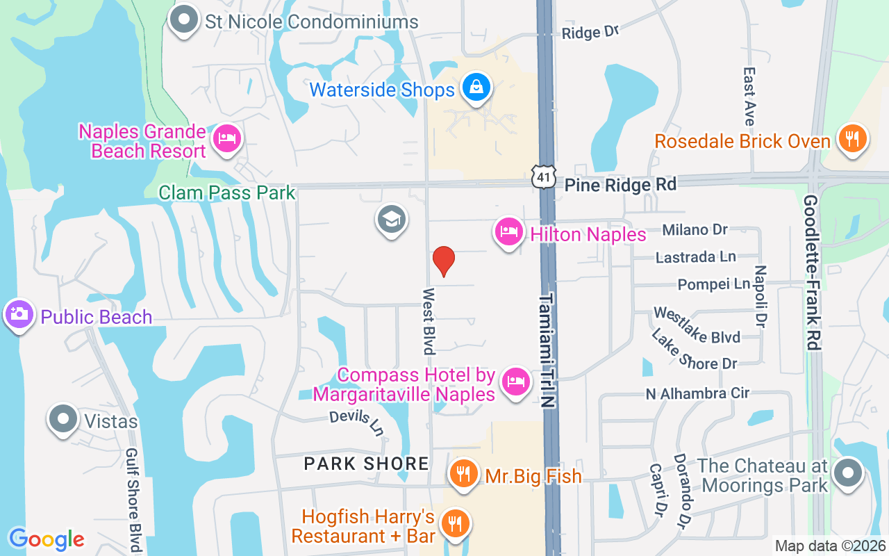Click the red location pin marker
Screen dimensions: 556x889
pyautogui.click(x=443, y=261)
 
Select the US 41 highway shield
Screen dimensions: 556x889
pyautogui.click(x=543, y=177)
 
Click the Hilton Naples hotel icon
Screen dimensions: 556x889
pyautogui.click(x=509, y=232)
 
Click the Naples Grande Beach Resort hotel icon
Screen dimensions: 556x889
pyautogui.click(x=226, y=138)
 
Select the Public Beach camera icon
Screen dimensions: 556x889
pyautogui.click(x=19, y=315)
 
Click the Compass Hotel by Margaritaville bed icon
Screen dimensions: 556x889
pyautogui.click(x=515, y=382)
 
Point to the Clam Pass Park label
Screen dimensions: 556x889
pyautogui.click(x=227, y=193)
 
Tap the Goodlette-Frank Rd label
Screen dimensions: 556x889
pyautogui.click(x=813, y=272)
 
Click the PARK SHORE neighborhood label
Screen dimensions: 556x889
pyautogui.click(x=366, y=464)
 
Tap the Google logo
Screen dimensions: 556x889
pyautogui.click(x=47, y=539)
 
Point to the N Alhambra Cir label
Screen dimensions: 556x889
pyautogui.click(x=697, y=393)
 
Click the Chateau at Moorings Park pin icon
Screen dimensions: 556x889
pyautogui.click(x=847, y=474)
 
